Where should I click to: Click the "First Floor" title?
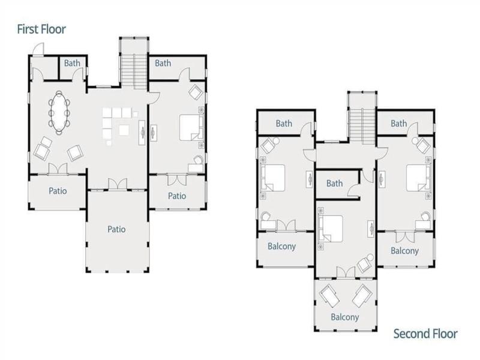(41, 29)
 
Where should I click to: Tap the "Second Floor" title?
(425, 334)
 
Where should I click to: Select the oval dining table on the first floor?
(59, 112)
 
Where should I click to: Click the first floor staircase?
(134, 71)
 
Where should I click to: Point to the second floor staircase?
(362, 125)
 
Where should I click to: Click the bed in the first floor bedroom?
(191, 127)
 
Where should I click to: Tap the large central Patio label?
(116, 229)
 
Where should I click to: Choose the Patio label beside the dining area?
(58, 191)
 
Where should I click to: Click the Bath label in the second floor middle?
(334, 184)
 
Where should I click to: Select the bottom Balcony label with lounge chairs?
(344, 317)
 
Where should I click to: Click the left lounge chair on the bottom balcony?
(329, 295)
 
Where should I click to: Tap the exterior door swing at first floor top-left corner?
(38, 49)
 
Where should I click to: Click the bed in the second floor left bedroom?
(273, 178)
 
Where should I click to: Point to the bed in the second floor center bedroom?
(331, 229)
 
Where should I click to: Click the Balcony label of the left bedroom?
(281, 247)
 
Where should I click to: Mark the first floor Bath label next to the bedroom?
(163, 63)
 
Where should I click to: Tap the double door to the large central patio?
(118, 184)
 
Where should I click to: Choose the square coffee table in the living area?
(124, 130)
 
